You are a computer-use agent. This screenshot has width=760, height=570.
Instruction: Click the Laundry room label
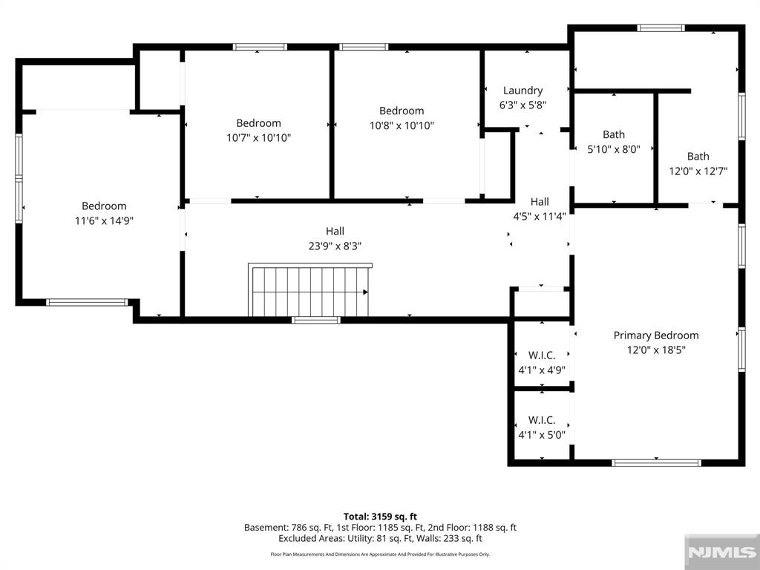pos(522,91)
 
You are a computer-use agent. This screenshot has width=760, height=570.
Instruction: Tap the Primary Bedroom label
pos(656,335)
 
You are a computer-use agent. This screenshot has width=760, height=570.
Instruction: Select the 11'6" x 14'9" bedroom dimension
pos(104,221)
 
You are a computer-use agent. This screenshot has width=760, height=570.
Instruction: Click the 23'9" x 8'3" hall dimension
pos(335,246)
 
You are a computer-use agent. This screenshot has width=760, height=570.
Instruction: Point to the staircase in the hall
pos(309,290)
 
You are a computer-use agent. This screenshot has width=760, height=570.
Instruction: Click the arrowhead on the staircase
pos(365,292)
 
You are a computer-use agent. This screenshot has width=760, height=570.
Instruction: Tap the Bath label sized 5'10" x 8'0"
pos(614,135)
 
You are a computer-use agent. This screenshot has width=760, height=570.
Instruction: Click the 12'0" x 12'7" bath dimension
pos(698,171)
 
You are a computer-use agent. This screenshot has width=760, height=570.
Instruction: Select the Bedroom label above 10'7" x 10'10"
pos(258,123)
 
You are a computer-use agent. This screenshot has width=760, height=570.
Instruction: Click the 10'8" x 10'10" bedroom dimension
pos(402,125)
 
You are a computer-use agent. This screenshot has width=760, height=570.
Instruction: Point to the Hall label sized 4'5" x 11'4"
pos(540,202)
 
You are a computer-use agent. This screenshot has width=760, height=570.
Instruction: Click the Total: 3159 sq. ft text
pos(380,517)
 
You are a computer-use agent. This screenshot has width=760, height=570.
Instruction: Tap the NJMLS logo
pos(721,552)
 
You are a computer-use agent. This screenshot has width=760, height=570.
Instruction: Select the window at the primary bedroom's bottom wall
pos(656,463)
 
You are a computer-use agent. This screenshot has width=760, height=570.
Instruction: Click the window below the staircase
pos(316,320)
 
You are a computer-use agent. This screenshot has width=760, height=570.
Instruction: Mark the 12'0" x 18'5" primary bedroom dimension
pos(656,350)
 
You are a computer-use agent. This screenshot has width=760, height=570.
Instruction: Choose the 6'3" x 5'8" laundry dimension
pos(522,105)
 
